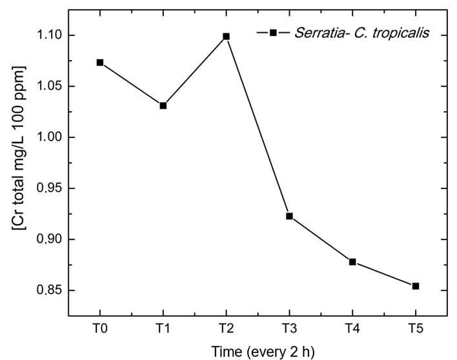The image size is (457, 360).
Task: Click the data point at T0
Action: pos(100,63)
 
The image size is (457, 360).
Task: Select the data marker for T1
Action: pos(163,105)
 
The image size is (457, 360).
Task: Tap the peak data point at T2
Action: pos(226,36)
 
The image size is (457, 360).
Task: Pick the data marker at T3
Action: pos(289,216)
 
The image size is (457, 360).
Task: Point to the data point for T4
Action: pos(352,261)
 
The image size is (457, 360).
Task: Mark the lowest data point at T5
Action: pos(416,286)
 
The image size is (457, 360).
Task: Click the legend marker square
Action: pos(273,32)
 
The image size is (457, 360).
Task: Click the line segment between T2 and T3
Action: pos(258,126)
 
